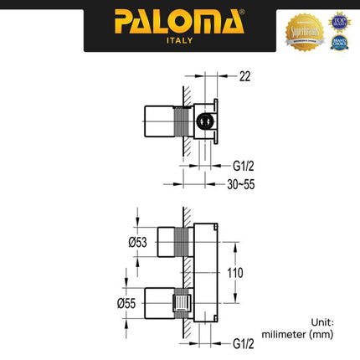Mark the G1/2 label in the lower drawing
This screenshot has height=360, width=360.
[244, 342]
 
